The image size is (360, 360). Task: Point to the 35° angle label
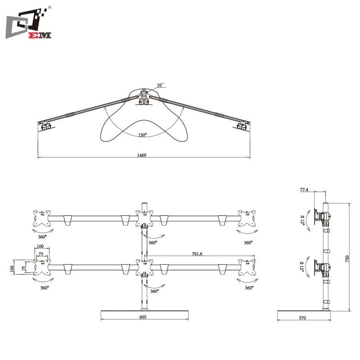coord(160,85)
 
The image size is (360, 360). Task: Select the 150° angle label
coord(142,135)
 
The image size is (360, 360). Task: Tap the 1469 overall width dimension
coord(142,154)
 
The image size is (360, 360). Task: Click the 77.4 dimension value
coord(304,190)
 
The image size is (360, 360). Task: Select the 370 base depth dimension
coord(302,318)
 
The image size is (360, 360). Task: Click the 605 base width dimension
coord(143,317)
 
